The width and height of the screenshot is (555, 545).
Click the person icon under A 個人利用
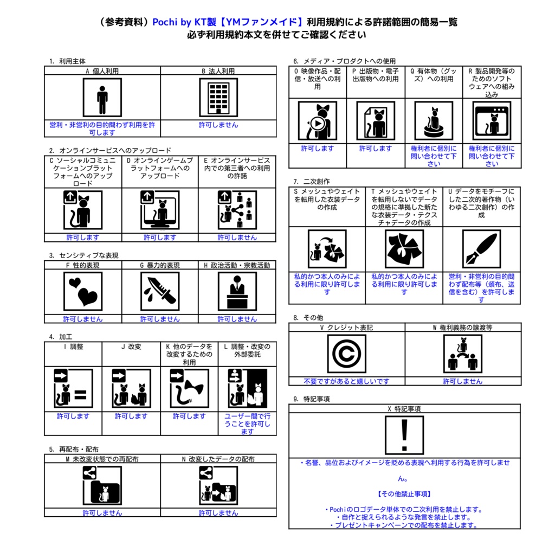coord(102,98)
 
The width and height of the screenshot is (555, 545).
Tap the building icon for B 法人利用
coord(218,98)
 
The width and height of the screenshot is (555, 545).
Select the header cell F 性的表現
coord(82,265)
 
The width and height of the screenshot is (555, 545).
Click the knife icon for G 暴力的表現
coord(160,291)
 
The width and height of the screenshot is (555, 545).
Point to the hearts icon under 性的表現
coord(82,291)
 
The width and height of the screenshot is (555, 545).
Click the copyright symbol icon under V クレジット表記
coord(346,354)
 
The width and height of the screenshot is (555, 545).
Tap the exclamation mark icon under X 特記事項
coord(404,435)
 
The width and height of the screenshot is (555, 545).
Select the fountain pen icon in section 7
coord(481,249)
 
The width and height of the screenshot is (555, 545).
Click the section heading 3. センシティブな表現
coord(83,255)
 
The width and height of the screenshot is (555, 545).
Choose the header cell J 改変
coord(131,347)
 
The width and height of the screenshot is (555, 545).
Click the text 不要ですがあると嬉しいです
coord(346,381)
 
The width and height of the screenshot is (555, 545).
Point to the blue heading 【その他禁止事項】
coord(404,494)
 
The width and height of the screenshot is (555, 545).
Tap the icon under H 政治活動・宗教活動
coord(237,291)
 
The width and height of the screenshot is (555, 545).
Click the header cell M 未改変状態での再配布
coord(102,459)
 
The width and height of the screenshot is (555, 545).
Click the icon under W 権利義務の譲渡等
coord(462,354)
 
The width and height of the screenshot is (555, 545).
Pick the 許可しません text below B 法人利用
coord(218,125)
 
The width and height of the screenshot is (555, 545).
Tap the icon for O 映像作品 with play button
coord(317,121)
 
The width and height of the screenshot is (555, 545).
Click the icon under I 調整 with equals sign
coord(73,388)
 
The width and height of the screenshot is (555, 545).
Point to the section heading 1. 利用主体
coord(67,61)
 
